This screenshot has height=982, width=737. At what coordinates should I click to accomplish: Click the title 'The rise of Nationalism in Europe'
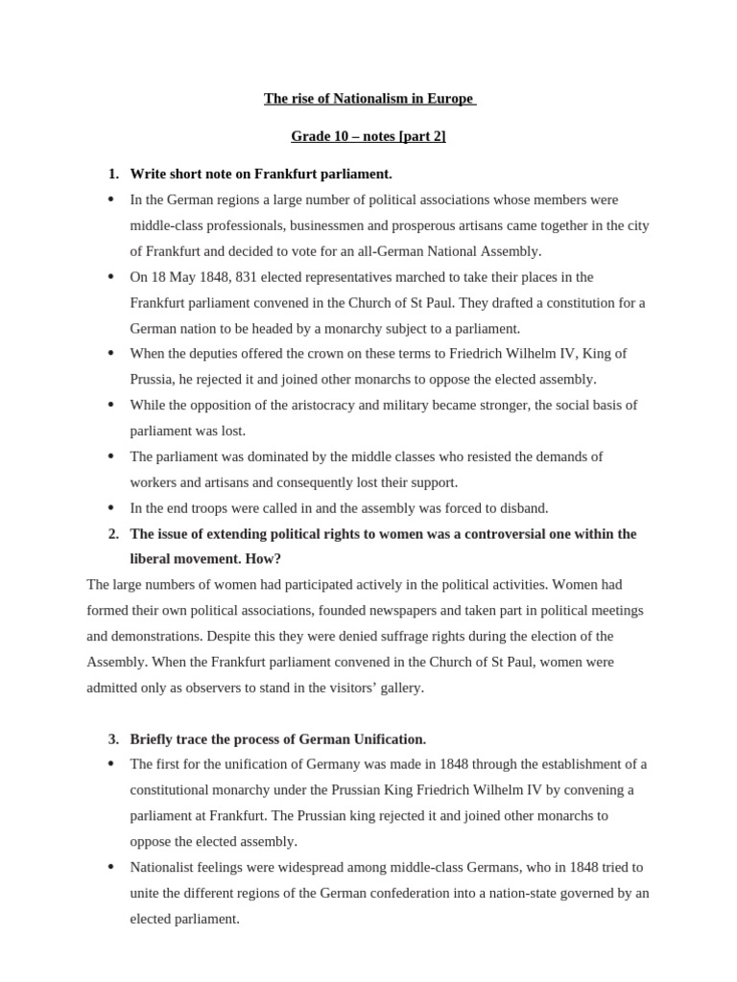(x=369, y=99)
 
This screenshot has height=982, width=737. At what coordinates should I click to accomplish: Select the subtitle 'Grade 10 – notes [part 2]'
(x=368, y=136)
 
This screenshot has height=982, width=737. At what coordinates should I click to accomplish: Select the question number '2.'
(x=113, y=533)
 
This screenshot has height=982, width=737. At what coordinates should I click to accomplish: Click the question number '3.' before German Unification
(x=113, y=738)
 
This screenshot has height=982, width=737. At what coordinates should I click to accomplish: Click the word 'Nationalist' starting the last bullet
(x=163, y=867)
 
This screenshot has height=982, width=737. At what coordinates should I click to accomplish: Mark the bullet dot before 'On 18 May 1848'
(x=111, y=277)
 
